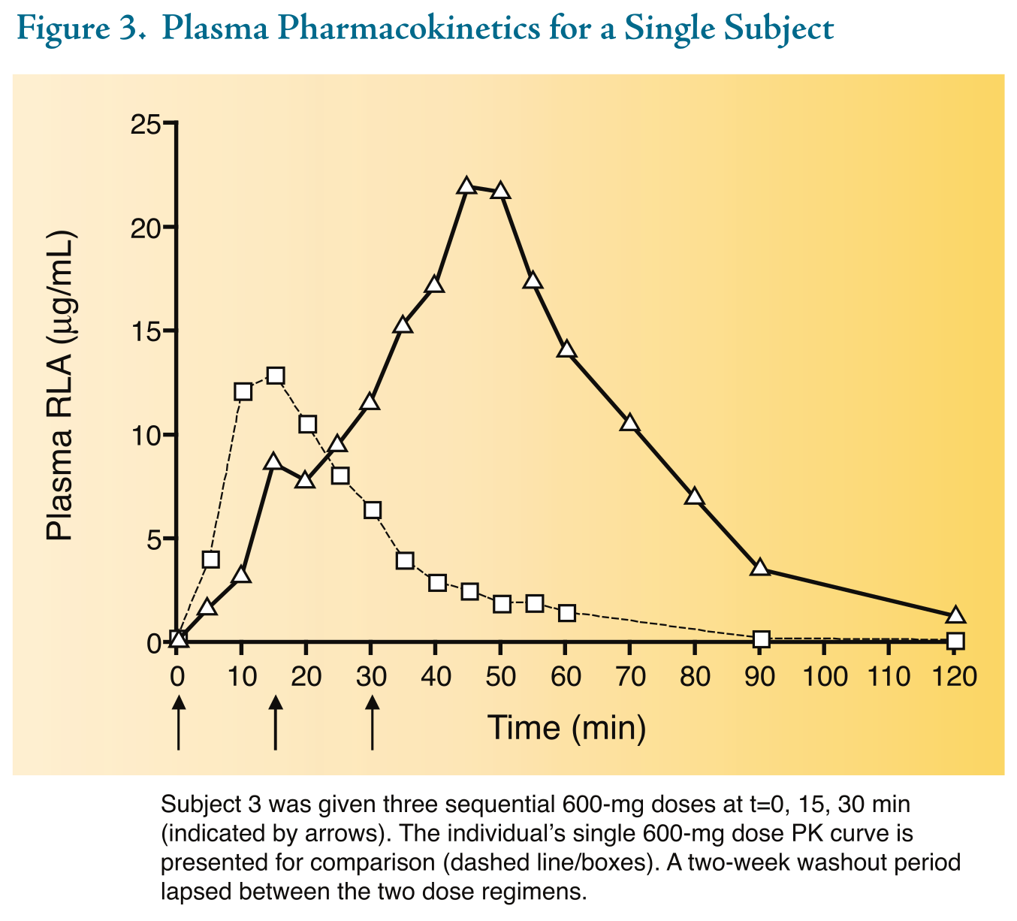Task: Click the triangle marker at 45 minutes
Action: pos(466,186)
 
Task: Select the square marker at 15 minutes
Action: pos(276,376)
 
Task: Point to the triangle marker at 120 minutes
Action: pos(955,615)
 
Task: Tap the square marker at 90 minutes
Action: pos(761,639)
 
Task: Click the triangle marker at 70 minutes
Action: pos(629,423)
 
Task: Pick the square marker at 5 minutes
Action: pos(211,559)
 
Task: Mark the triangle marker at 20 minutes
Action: pos(305,479)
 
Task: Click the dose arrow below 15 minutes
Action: pos(276,722)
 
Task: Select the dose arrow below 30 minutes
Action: pos(372,722)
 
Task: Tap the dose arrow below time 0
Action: pos(178,722)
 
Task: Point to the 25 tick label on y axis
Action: pos(147,123)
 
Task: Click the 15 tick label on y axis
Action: pos(147,331)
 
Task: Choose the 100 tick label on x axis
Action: pos(825,677)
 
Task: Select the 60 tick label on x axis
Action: pos(566,677)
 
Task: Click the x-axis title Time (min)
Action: pos(566,728)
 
